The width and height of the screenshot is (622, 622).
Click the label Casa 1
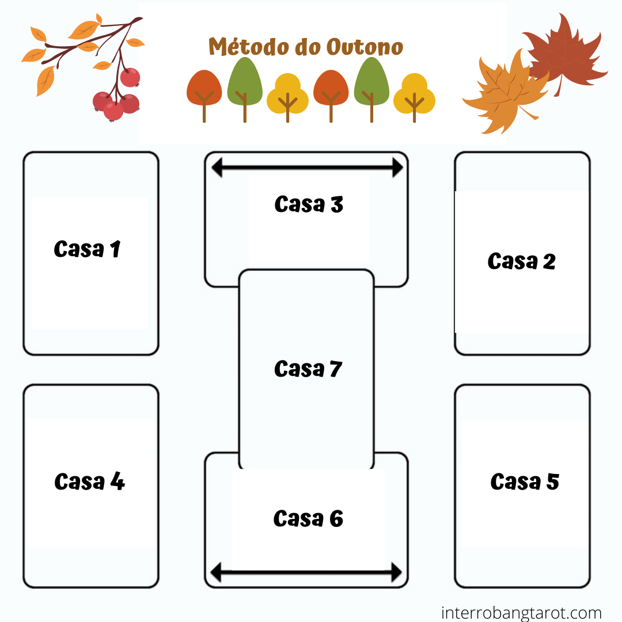pyautogui.click(x=87, y=249)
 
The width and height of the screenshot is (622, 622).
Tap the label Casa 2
pyautogui.click(x=521, y=261)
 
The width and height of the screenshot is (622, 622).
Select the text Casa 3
pyautogui.click(x=309, y=204)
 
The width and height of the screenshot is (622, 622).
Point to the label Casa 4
pyautogui.click(x=89, y=481)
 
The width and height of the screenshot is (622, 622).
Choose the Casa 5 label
pyautogui.click(x=525, y=481)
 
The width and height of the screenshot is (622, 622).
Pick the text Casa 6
pyautogui.click(x=308, y=518)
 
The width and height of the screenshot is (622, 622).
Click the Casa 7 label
pyautogui.click(x=308, y=369)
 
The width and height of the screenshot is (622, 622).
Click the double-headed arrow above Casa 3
pyautogui.click(x=307, y=168)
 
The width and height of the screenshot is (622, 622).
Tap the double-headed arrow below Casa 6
pyautogui.click(x=306, y=572)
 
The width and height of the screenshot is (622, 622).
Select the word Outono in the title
pyautogui.click(x=365, y=47)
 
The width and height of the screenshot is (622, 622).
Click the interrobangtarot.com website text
pyautogui.click(x=521, y=613)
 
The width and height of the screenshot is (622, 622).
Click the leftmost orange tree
pyautogui.click(x=204, y=92)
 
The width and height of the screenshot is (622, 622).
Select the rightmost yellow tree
pyautogui.click(x=414, y=96)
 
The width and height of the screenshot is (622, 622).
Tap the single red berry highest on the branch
pyautogui.click(x=130, y=77)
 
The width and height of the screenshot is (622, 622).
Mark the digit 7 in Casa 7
pyautogui.click(x=336, y=369)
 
